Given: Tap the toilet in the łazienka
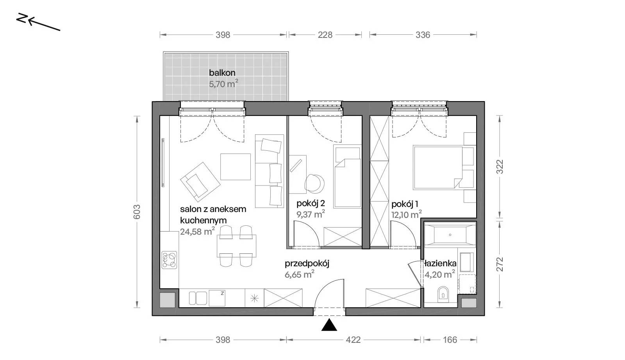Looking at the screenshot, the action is (443, 294).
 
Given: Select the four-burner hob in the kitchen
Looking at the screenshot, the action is (169, 260).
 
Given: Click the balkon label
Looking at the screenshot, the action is (222, 73).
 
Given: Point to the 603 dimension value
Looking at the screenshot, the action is (137, 212).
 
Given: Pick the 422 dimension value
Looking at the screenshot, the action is (353, 340).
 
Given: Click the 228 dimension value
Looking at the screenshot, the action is (325, 35).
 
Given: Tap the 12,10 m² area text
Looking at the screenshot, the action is (406, 214).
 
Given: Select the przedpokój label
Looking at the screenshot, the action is (307, 264).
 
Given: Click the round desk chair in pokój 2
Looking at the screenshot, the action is (314, 184).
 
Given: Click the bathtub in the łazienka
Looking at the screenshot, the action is (450, 235).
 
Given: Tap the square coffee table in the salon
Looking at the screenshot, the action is (236, 167).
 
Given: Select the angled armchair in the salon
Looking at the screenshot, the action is (200, 182).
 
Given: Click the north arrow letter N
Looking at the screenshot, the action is (22, 18).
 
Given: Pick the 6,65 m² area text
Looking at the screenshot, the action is (299, 274).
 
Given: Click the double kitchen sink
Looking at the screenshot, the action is (198, 298).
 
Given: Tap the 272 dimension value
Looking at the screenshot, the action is (500, 264).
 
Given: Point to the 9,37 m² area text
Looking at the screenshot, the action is (311, 214).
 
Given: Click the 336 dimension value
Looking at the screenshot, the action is (423, 35).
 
